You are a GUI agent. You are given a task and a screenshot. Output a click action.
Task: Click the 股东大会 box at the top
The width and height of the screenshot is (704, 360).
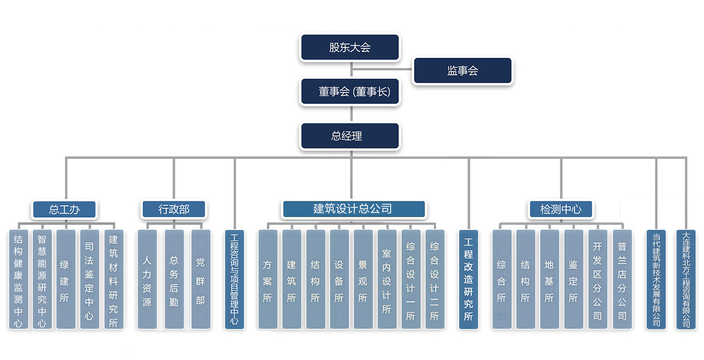click(350, 47)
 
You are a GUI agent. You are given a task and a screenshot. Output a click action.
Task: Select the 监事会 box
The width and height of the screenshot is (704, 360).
click(462, 71)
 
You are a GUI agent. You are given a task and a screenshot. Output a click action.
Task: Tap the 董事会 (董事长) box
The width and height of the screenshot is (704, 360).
click(350, 91)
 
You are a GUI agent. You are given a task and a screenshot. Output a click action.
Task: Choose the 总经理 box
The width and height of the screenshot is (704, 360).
click(350, 136)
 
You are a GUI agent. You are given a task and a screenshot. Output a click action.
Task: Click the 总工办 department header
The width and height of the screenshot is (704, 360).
click(65, 210)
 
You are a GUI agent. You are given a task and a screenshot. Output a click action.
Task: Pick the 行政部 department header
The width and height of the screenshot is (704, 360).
click(174, 210)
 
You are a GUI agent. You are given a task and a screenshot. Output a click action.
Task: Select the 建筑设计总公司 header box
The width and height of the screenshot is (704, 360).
click(353, 209)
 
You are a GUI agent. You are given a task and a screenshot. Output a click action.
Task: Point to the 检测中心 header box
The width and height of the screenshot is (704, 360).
click(561, 210)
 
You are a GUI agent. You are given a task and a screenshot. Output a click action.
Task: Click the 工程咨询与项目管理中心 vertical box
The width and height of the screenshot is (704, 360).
click(235, 279)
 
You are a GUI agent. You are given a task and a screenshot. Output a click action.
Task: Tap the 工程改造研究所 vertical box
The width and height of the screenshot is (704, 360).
click(468, 279)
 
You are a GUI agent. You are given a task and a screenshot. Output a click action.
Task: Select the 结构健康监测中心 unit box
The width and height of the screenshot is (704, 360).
click(19, 279)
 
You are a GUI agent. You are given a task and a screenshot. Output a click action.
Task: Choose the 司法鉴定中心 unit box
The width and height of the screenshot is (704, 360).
click(89, 279)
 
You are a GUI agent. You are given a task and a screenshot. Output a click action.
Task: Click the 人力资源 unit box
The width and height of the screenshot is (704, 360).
click(147, 279)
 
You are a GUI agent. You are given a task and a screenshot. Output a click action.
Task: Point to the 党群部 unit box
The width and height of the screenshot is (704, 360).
click(200, 279)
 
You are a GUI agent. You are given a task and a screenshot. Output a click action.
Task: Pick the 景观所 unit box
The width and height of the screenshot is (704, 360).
click(363, 279)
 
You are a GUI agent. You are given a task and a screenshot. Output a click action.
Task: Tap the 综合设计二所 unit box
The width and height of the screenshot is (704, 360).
click(435, 279)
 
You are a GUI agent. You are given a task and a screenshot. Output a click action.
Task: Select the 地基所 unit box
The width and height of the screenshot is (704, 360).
click(549, 279)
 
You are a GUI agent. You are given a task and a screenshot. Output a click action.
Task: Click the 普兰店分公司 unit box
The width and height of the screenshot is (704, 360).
click(622, 279)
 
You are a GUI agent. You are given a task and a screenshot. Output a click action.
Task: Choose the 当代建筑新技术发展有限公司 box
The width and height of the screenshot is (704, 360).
click(656, 279)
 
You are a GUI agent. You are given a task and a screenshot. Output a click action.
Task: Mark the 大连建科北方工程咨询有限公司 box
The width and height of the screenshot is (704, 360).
click(686, 279)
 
